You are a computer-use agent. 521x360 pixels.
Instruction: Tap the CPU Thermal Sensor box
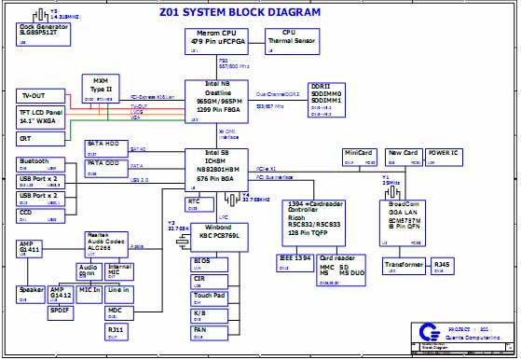tap(289, 39)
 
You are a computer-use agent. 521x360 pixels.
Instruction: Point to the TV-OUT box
tap(39, 97)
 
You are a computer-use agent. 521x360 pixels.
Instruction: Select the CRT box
tap(40, 138)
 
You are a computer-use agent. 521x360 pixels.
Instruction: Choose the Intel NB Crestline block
tap(219, 101)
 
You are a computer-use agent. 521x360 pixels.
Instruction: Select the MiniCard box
tap(359, 155)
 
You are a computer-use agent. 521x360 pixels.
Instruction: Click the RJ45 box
tap(442, 267)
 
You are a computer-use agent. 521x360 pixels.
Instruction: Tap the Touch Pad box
tap(209, 298)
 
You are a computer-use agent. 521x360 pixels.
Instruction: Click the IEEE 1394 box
tap(296, 259)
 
